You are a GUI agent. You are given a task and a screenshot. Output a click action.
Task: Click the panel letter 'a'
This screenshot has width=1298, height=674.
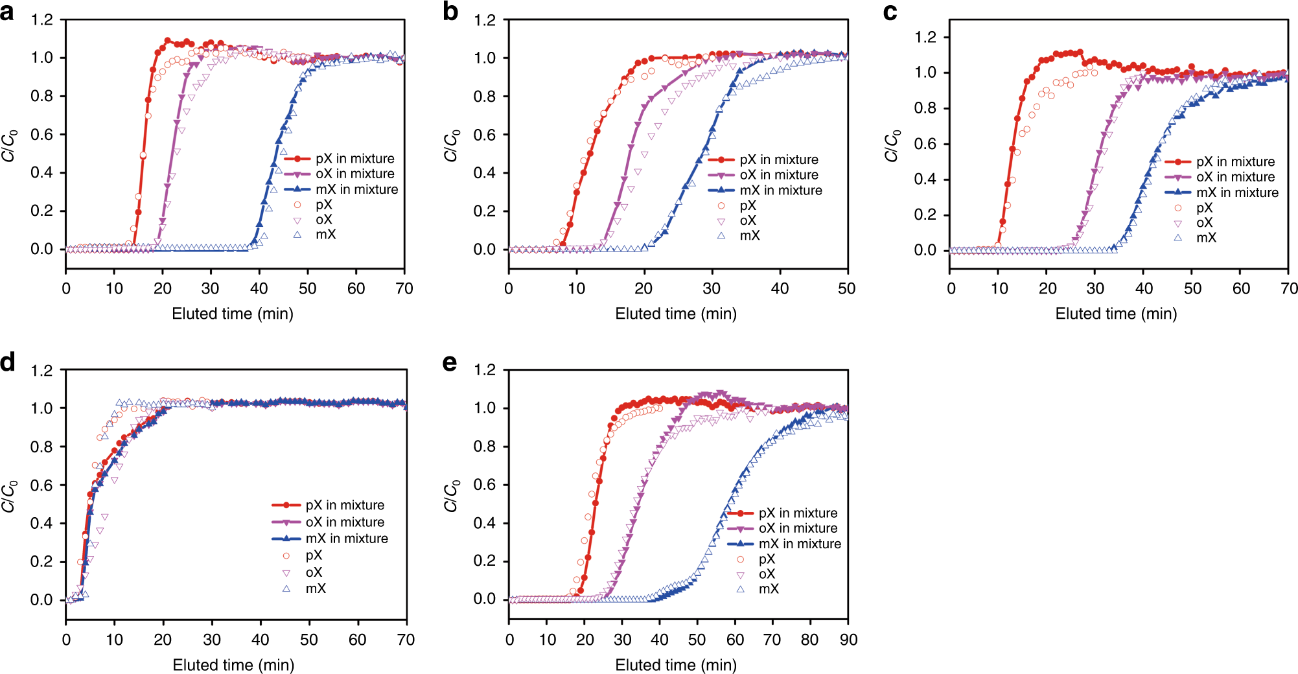7,12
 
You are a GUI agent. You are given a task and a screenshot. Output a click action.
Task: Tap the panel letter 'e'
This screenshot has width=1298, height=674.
450,363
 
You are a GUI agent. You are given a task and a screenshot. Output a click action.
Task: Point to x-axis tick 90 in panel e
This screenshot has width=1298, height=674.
848,640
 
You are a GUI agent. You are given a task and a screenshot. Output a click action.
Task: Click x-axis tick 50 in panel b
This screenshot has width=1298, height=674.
846,288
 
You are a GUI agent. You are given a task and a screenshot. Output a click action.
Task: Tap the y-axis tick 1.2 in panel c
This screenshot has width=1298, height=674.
925,37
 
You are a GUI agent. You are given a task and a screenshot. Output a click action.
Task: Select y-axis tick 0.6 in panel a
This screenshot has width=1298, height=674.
42,134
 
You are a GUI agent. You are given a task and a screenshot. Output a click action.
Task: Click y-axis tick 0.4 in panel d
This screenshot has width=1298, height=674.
42,523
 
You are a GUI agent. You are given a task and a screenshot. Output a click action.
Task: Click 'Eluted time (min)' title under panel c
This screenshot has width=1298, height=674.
1116,314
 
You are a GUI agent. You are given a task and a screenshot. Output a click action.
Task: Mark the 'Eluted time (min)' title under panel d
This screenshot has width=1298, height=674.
233,665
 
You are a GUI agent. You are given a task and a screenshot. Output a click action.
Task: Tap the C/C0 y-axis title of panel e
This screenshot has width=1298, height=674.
452,496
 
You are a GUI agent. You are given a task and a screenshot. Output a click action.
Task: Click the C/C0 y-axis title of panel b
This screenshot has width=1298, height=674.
452,146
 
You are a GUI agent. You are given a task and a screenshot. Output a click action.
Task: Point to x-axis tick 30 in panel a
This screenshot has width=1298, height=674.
211,288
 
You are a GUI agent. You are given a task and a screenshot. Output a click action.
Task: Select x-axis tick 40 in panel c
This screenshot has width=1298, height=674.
1144,288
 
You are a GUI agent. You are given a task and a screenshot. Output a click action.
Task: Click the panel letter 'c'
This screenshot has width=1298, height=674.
890,12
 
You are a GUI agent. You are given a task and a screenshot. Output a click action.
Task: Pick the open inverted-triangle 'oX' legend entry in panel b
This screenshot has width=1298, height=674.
748,221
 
